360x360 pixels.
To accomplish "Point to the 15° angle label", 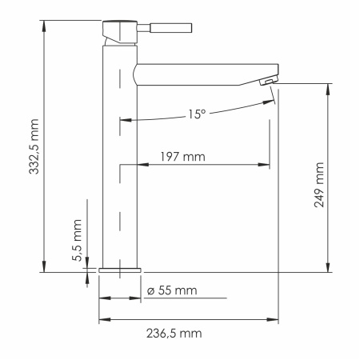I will click(198, 114).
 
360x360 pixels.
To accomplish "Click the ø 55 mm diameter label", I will click(173, 289).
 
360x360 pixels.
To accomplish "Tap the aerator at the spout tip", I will click(270, 79).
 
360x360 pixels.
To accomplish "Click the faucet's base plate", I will click(119, 270).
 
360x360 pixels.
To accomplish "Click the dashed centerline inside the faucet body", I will click(120, 200).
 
